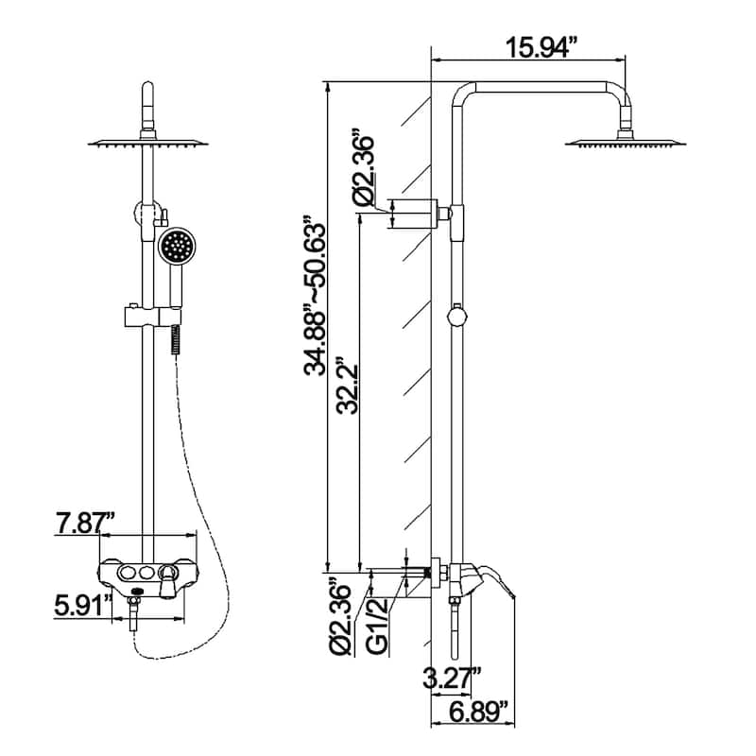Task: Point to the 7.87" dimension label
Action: pyautogui.click(x=85, y=522)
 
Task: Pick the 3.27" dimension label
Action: pyautogui.click(x=454, y=677)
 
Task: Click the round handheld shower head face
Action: pyautogui.click(x=174, y=248)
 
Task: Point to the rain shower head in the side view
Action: pyautogui.click(x=625, y=143)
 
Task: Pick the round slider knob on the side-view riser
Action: pyautogui.click(x=456, y=315)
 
